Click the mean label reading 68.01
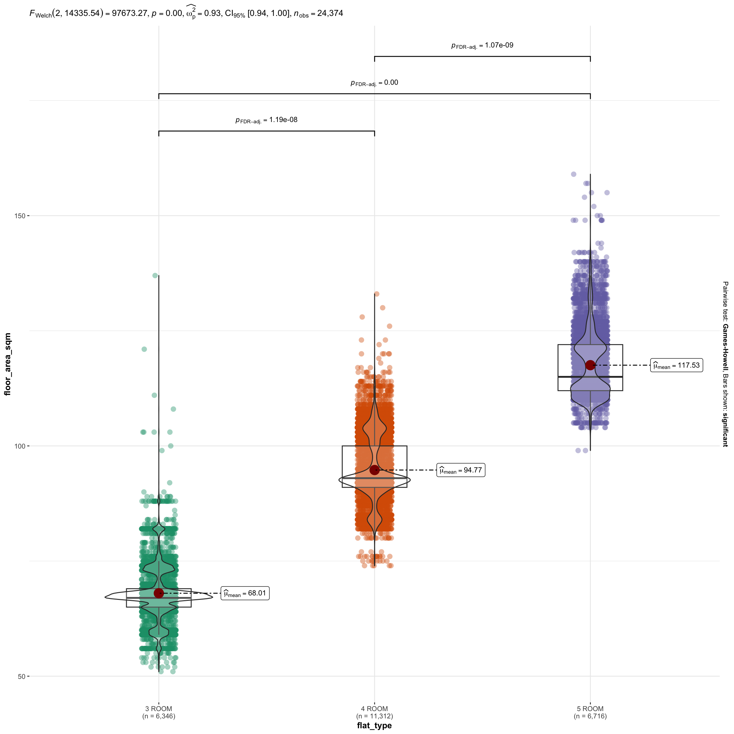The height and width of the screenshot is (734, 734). (x=245, y=594)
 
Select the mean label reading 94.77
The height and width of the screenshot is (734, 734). (x=460, y=470)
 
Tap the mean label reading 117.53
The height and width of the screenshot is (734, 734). (x=677, y=365)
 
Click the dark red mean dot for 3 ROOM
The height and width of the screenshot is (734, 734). (x=159, y=593)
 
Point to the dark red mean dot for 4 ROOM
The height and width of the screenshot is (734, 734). (x=375, y=470)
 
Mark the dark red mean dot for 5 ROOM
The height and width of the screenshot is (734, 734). (x=590, y=365)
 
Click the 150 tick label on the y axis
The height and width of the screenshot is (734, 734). (x=20, y=216)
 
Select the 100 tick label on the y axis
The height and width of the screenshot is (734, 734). (x=20, y=446)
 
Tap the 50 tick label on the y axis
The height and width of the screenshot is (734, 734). (x=22, y=676)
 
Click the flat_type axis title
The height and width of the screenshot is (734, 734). (x=374, y=726)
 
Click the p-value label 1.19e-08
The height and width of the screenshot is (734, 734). (x=266, y=120)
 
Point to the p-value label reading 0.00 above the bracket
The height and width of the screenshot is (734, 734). (x=374, y=83)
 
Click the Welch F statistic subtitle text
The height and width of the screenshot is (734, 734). (x=186, y=14)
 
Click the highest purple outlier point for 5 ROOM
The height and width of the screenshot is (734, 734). (x=574, y=174)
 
